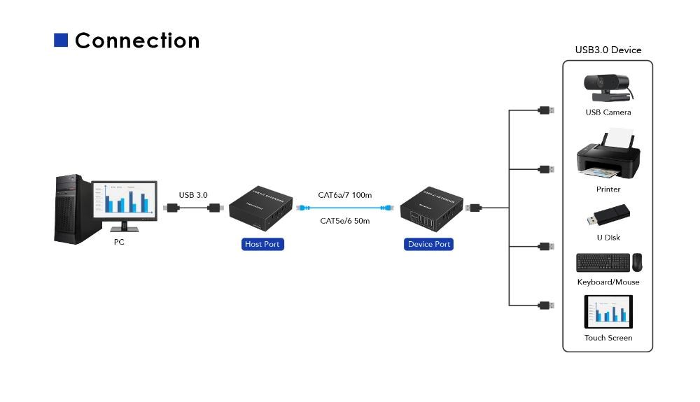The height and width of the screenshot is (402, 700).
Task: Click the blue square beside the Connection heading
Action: click(61, 41)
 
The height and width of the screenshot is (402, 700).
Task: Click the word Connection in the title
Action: click(137, 41)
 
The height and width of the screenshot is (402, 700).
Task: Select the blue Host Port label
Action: click(262, 244)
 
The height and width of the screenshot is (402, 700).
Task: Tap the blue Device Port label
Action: click(428, 244)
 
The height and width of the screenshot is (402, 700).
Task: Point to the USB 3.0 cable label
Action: click(193, 195)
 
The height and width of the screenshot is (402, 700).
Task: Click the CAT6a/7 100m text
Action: click(344, 195)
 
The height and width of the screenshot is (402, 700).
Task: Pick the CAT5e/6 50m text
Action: click(344, 221)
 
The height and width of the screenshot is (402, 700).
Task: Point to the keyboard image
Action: click(601, 263)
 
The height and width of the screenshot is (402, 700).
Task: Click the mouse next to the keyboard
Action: click(637, 262)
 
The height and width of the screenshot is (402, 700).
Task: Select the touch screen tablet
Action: click(608, 312)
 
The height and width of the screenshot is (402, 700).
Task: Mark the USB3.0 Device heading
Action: click(608, 50)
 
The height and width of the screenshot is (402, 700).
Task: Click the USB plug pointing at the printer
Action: click(546, 169)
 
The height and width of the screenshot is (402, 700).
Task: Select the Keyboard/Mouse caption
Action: click(608, 282)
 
